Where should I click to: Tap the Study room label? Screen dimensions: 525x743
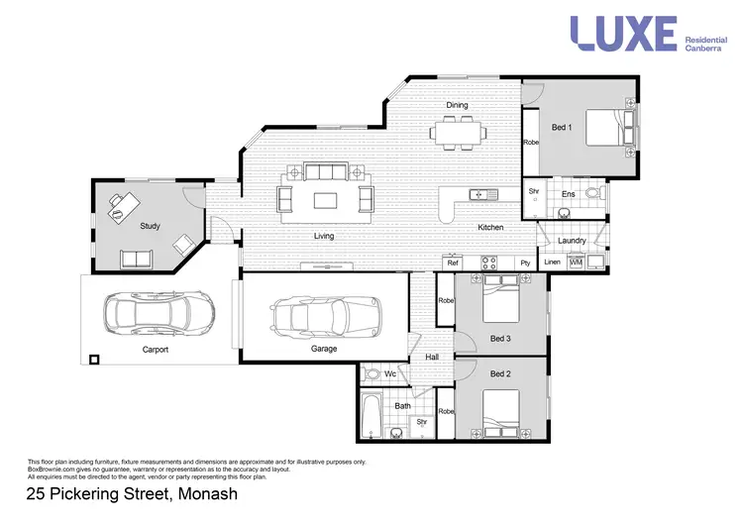pyautogui.click(x=150, y=227)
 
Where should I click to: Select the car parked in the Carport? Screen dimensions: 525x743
pyautogui.click(x=159, y=313)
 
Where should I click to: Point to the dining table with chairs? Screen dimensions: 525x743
pyautogui.click(x=458, y=132)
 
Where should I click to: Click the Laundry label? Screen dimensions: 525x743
pyautogui.click(x=572, y=241)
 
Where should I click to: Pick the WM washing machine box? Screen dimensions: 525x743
pyautogui.click(x=576, y=262)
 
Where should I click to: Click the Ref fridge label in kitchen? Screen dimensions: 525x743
pyautogui.click(x=453, y=262)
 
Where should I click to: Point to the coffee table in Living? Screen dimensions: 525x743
pyautogui.click(x=326, y=200)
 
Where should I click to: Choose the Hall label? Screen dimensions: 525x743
pyautogui.click(x=432, y=358)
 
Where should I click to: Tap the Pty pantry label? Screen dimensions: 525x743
pyautogui.click(x=525, y=262)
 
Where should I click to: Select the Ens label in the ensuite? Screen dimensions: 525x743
pyautogui.click(x=568, y=194)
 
